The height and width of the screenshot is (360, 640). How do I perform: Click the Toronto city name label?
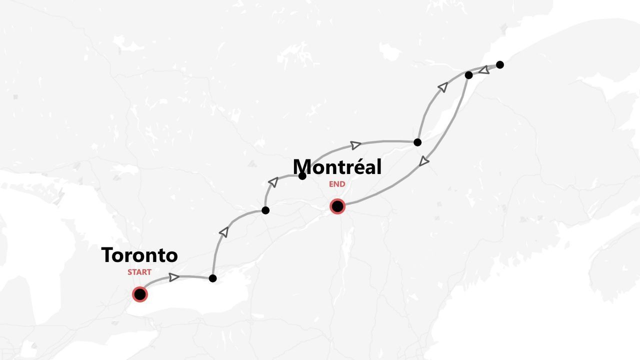pyautogui.click(x=139, y=255)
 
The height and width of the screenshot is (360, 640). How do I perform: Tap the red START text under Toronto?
pyautogui.click(x=139, y=272)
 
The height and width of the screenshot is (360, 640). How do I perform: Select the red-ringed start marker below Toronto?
pyautogui.click(x=140, y=294)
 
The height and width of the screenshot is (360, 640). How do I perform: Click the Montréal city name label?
pyautogui.click(x=337, y=167)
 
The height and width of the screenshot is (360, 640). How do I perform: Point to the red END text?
pyautogui.click(x=337, y=184)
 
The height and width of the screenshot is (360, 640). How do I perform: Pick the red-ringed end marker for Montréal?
pyautogui.click(x=337, y=206)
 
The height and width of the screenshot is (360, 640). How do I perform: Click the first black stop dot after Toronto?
pyautogui.click(x=212, y=278)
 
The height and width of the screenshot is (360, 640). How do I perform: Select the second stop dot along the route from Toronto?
pyautogui.click(x=265, y=210)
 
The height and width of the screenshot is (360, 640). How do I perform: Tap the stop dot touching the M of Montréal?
pyautogui.click(x=302, y=176)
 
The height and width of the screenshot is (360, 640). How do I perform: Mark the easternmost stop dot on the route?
pyautogui.click(x=499, y=64)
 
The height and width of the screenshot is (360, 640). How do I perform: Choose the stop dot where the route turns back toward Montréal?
pyautogui.click(x=468, y=75)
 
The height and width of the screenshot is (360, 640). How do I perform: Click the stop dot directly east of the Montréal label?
pyautogui.click(x=417, y=142)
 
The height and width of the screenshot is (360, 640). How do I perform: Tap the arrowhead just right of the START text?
pyautogui.click(x=174, y=277)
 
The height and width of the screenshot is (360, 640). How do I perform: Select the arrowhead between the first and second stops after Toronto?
pyautogui.click(x=224, y=231)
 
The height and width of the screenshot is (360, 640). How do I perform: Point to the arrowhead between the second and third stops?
pyautogui.click(x=273, y=181)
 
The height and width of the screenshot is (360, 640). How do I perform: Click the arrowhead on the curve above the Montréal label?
pyautogui.click(x=355, y=145)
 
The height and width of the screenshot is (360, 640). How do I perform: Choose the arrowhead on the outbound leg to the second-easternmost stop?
pyautogui.click(x=442, y=87)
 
